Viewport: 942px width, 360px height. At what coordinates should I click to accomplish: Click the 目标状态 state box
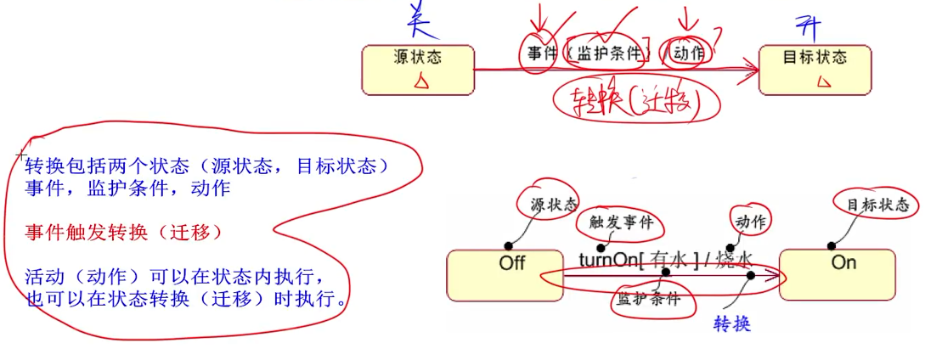[814, 68]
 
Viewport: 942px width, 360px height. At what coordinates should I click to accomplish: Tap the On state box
[836, 273]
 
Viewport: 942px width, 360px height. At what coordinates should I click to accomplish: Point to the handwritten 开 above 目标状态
[805, 23]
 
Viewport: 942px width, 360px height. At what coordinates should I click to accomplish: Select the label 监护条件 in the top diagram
[609, 53]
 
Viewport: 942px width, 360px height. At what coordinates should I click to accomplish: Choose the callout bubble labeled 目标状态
[877, 205]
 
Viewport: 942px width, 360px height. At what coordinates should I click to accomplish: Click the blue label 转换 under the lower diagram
[732, 324]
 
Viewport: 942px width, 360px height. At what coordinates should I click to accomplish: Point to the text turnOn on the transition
[605, 260]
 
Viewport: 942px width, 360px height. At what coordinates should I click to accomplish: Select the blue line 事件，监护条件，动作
[127, 188]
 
